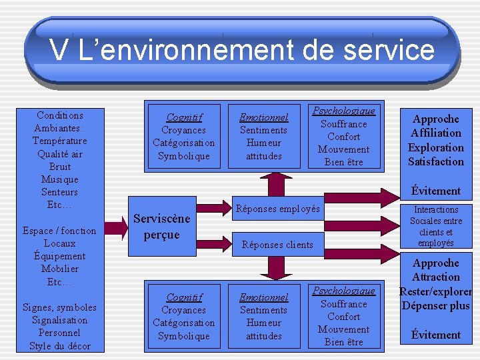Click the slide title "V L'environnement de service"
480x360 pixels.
pyautogui.click(x=241, y=51)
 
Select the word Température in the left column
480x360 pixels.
pyautogui.click(x=59, y=141)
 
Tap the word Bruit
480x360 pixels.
pyautogui.click(x=60, y=167)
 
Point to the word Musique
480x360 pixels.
pyautogui.click(x=60, y=179)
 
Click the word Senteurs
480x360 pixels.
pyautogui.click(x=60, y=192)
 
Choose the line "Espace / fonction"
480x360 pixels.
pyautogui.click(x=60, y=231)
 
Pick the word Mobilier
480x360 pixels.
pyautogui.click(x=60, y=269)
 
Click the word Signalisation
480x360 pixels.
pyautogui.click(x=60, y=320)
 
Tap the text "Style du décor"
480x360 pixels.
pyautogui.click(x=60, y=345)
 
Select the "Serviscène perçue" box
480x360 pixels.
pyautogui.click(x=162, y=227)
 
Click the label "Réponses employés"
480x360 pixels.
pyautogui.click(x=278, y=209)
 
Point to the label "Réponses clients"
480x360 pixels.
pyautogui.click(x=277, y=245)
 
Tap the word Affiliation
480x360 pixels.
pyautogui.click(x=436, y=133)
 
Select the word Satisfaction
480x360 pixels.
pyautogui.click(x=436, y=161)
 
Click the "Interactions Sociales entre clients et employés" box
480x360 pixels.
pyautogui.click(x=436, y=227)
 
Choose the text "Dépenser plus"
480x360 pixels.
pyautogui.click(x=436, y=306)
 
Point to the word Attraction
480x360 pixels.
pyautogui.click(x=436, y=277)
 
